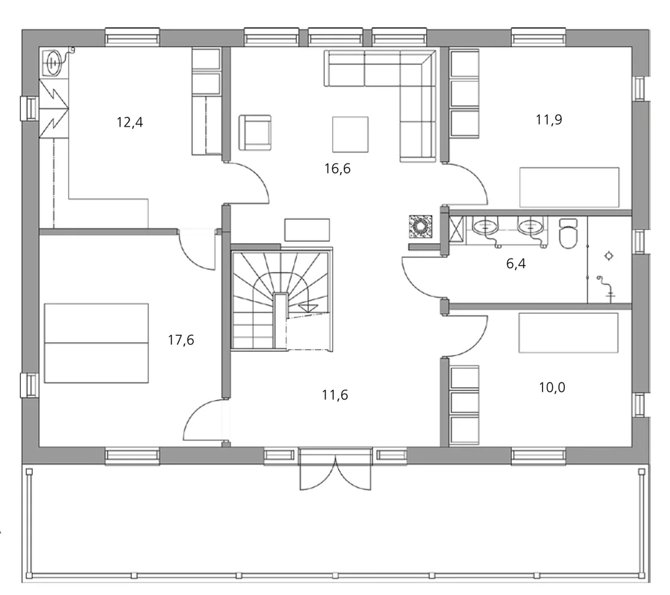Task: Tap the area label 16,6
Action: tap(338, 168)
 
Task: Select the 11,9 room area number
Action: tap(549, 120)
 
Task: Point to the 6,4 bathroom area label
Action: tap(515, 263)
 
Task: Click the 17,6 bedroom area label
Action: tap(181, 340)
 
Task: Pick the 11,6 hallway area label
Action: tap(334, 395)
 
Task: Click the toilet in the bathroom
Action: tap(567, 234)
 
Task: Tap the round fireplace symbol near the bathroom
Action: tap(421, 227)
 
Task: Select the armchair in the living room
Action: tap(255, 132)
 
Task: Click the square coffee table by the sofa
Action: tap(350, 134)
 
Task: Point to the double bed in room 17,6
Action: tap(96, 343)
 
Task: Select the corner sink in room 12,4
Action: tap(53, 63)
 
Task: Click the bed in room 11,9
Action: tap(569, 187)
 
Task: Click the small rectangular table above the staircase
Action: tap(307, 230)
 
